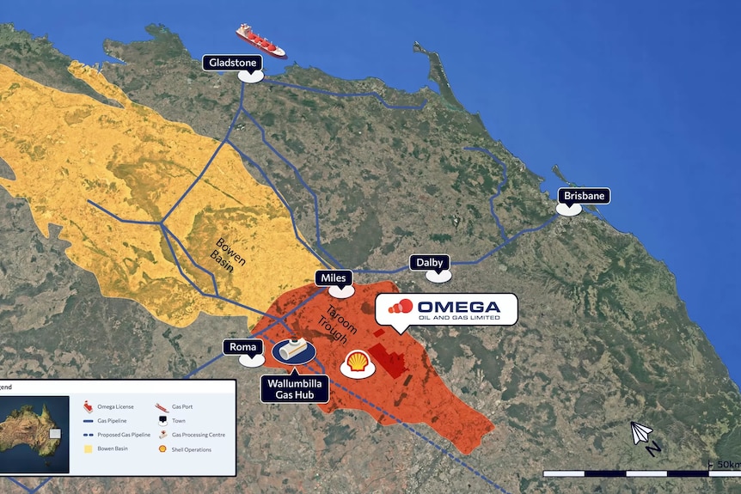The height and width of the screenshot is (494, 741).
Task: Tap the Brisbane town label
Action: (585, 196)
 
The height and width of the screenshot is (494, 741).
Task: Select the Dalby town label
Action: (430, 262)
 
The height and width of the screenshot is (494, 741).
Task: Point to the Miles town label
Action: (333, 278)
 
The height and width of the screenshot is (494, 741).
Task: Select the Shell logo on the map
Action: (357, 363)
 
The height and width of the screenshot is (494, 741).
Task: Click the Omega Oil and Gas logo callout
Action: (446, 310)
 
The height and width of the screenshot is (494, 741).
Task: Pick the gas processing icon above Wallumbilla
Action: (293, 349)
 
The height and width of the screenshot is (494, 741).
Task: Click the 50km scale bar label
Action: (724, 465)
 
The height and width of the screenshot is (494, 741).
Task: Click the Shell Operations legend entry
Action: (191, 449)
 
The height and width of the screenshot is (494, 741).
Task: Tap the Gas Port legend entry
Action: (183, 406)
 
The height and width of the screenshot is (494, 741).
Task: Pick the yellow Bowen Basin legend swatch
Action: (87, 449)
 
